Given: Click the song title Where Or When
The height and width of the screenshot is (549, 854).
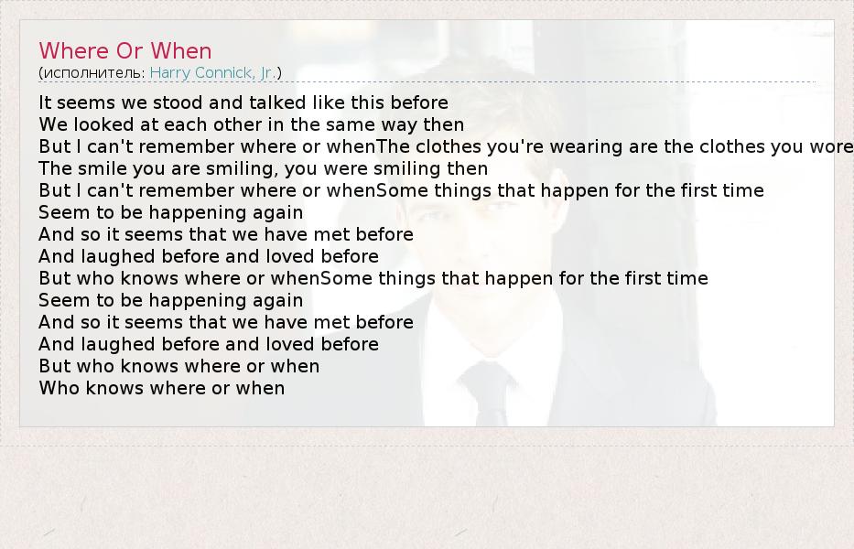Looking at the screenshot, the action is tap(125, 50).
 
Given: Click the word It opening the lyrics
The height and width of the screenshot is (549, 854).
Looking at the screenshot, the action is tap(45, 102).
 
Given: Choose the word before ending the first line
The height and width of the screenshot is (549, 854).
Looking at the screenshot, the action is tap(419, 102).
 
